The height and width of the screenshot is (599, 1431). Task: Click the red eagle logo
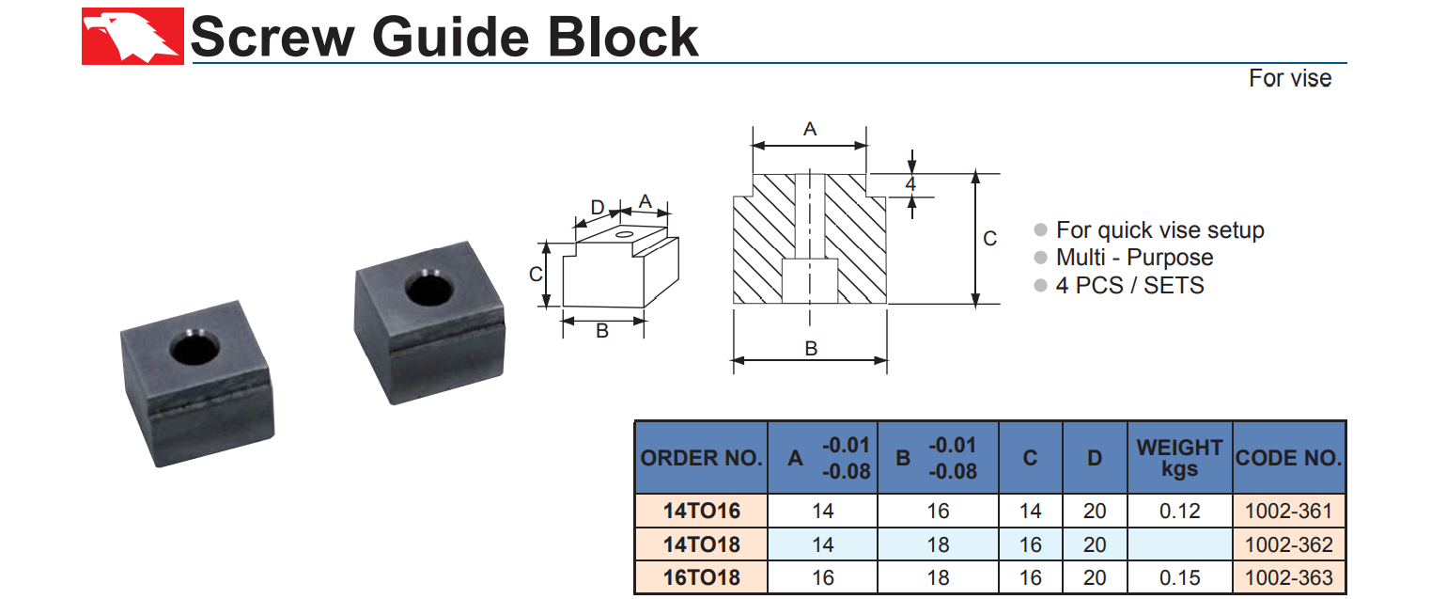132,37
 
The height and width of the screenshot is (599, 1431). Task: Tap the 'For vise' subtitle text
1289,78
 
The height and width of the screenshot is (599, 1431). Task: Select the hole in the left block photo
194,350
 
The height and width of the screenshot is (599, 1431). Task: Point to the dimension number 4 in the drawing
910,184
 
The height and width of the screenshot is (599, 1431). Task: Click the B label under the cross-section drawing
811,348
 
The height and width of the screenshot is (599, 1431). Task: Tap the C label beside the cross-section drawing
989,239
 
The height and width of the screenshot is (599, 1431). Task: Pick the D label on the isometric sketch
597,207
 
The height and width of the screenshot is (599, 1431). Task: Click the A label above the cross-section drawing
810,130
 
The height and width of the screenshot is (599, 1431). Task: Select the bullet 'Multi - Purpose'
1134,258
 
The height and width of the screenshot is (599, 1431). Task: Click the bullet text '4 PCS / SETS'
1129,285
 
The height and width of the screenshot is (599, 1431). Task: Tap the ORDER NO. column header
701,458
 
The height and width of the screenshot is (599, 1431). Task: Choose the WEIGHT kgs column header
1179,458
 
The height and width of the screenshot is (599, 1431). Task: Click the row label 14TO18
701,544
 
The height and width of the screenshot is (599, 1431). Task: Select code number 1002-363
1288,577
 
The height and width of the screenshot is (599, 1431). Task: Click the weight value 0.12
1179,512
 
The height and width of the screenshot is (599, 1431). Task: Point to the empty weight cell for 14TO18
1179,544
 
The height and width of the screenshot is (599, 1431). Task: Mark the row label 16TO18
701,577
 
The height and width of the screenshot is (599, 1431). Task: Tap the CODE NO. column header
1288,458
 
